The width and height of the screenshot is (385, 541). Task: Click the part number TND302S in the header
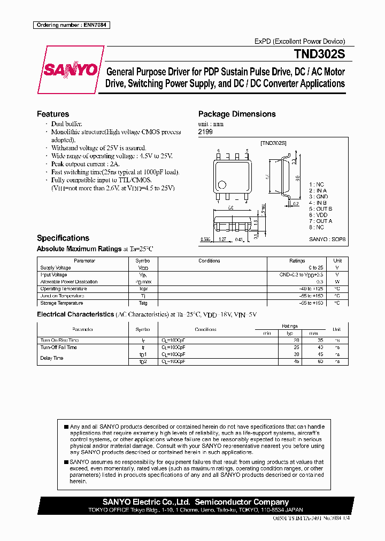[x=319, y=55]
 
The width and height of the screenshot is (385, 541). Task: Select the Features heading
[x=53, y=114]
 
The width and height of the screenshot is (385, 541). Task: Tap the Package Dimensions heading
[x=237, y=114]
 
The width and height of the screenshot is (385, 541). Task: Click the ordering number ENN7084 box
[x=72, y=25]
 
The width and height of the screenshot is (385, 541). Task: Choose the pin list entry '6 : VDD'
[x=319, y=215]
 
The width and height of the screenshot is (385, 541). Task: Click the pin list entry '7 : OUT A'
[x=320, y=221]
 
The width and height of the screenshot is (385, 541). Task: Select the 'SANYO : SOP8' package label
[x=327, y=240]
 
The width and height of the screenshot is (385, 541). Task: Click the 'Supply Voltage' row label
[x=56, y=268]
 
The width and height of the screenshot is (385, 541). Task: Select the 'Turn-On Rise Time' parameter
[x=59, y=340]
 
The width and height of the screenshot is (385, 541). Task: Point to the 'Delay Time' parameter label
[x=52, y=358]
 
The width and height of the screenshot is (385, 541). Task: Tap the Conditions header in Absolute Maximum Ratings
[x=209, y=261]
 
